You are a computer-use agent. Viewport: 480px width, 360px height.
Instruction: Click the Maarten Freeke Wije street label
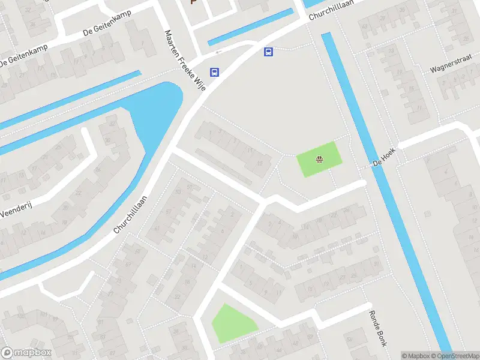pyautogui.click(x=185, y=59)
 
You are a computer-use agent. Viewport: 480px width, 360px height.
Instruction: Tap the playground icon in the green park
pyautogui.click(x=319, y=159)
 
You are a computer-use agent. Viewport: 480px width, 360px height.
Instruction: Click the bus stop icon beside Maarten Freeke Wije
pyautogui.click(x=214, y=73)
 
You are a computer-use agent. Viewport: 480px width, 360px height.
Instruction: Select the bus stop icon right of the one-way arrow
pyautogui.click(x=268, y=52)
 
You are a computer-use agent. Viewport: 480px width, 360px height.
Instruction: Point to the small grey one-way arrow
pyautogui.click(x=219, y=52)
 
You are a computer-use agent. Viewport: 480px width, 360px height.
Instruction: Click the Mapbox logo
pyautogui.click(x=26, y=353)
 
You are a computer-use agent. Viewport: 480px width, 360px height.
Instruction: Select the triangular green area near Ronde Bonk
pyautogui.click(x=231, y=324)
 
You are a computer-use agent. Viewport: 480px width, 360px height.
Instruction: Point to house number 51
pyautogui.click(x=190, y=187)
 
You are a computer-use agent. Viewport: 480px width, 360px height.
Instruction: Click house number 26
pyautogui.click(x=347, y=209)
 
